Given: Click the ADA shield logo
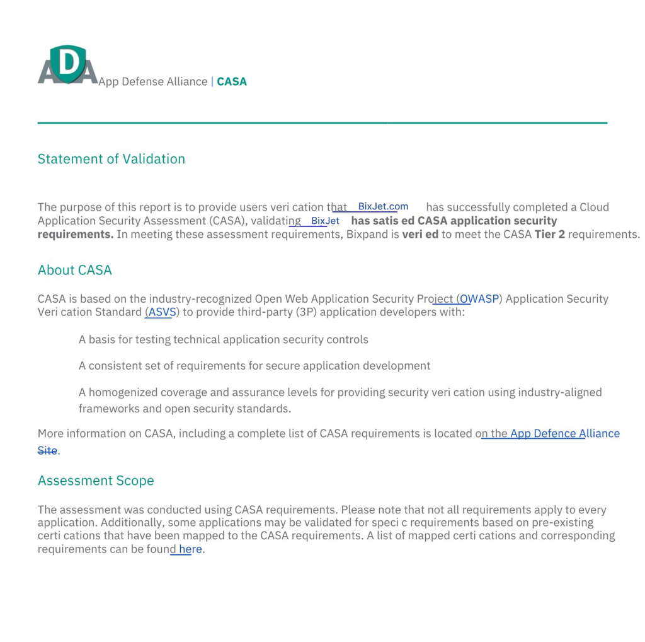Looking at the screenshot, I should (x=67, y=64).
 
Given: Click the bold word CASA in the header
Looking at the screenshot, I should (x=232, y=81).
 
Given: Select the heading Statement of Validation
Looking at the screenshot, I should (x=111, y=159).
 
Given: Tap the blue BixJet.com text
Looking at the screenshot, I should (x=383, y=206).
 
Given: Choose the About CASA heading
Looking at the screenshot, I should (x=75, y=270).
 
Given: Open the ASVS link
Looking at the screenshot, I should (x=162, y=312).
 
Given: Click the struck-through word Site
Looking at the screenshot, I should (x=47, y=450).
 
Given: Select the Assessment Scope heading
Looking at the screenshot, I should (x=96, y=481).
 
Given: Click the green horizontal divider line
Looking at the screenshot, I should (x=322, y=122).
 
